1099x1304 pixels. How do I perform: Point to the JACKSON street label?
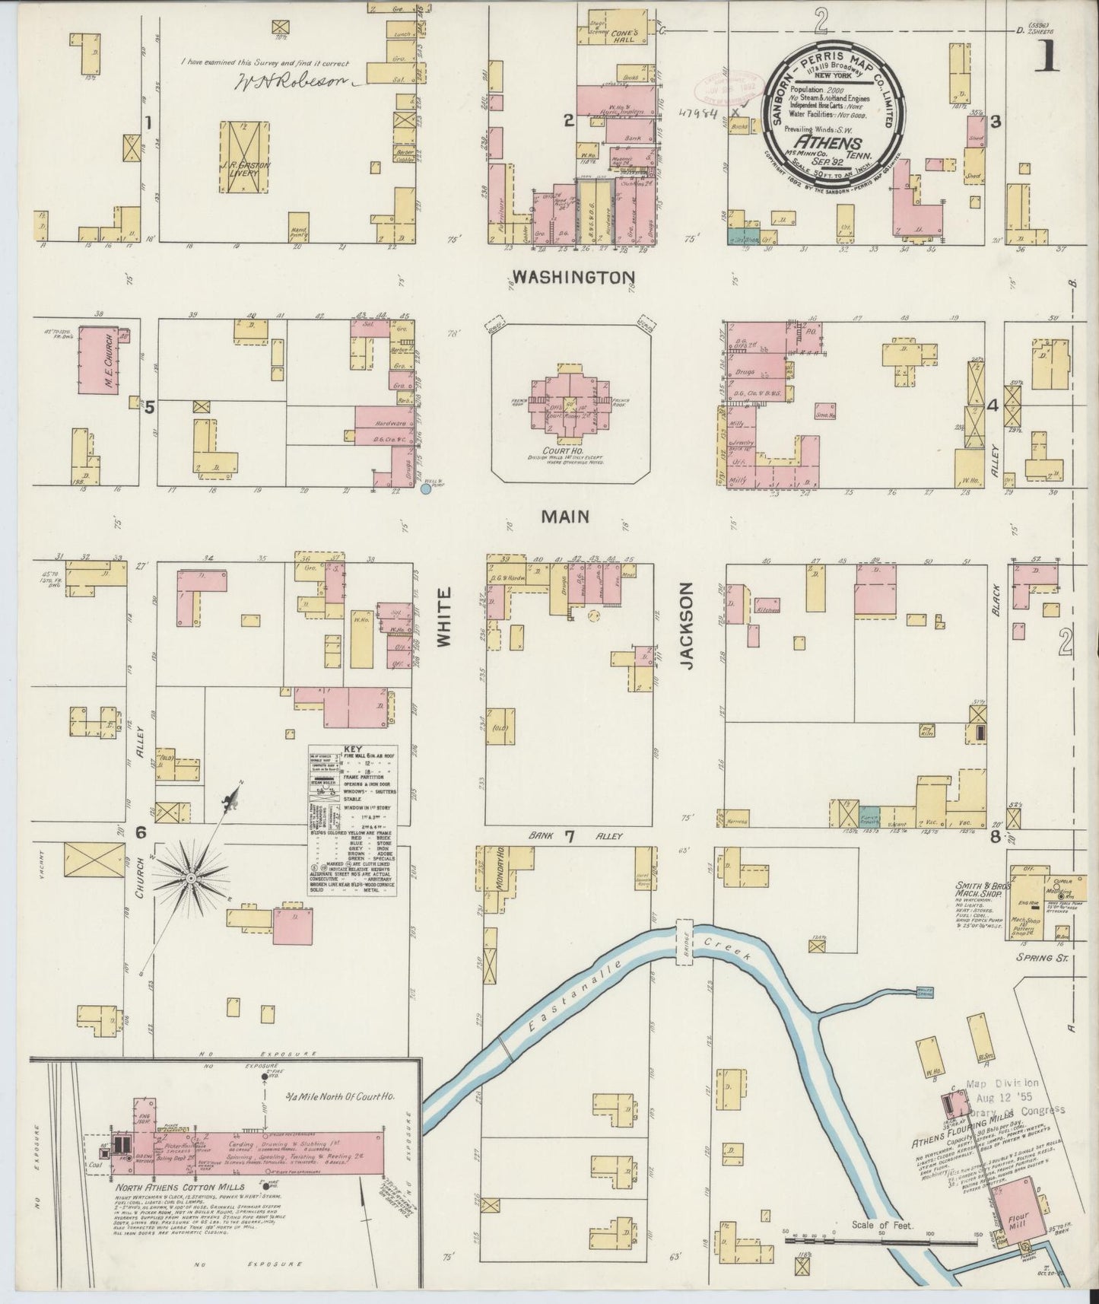tap(688, 626)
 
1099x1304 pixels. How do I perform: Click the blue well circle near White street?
tap(426, 489)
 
